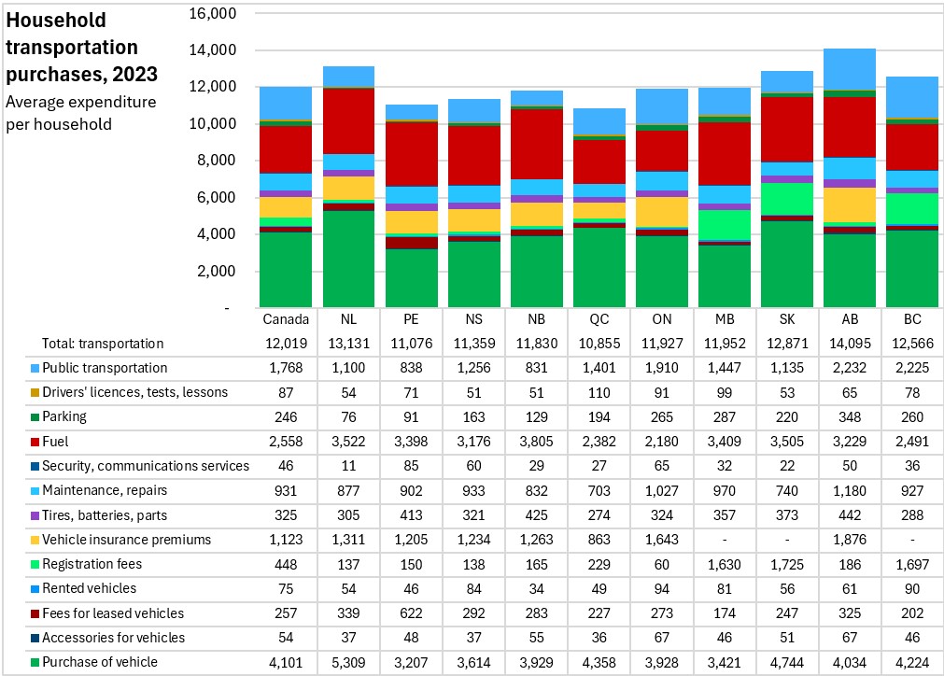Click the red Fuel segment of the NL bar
pyautogui.click(x=348, y=121)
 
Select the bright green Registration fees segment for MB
pyautogui.click(x=725, y=224)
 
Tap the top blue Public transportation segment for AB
pyautogui.click(x=850, y=69)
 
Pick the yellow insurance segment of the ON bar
pyautogui.click(x=662, y=212)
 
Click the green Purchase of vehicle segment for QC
pyautogui.click(x=599, y=267)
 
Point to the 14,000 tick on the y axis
pyautogui.click(x=213, y=50)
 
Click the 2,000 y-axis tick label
pyautogui.click(x=216, y=271)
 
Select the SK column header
pyautogui.click(x=787, y=319)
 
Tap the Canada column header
pyautogui.click(x=286, y=319)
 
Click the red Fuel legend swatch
pyautogui.click(x=35, y=442)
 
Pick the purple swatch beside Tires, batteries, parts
pyautogui.click(x=35, y=516)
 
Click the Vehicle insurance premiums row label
pyautogui.click(x=126, y=540)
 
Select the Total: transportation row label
pyautogui.click(x=103, y=344)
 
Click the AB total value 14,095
pyautogui.click(x=850, y=344)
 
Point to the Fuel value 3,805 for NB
pyautogui.click(x=536, y=442)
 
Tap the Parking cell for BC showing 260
pyautogui.click(x=912, y=417)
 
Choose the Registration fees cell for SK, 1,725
pyautogui.click(x=787, y=565)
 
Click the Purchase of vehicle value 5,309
pyautogui.click(x=348, y=663)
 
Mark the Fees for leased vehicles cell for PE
pyautogui.click(x=411, y=613)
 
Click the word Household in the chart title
pyautogui.click(x=56, y=21)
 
